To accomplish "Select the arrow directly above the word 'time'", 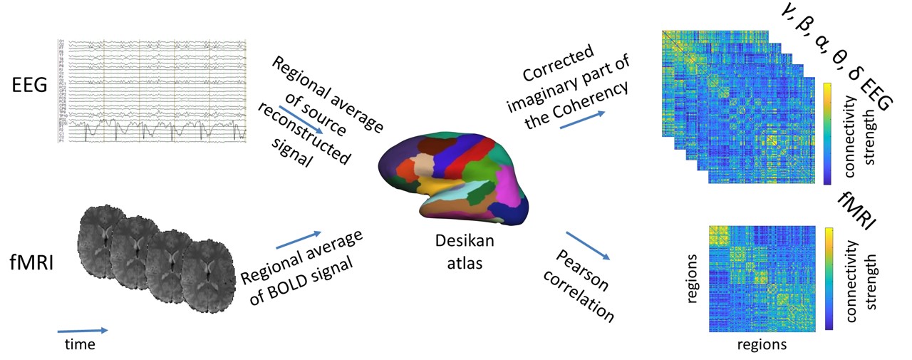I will click(83, 330).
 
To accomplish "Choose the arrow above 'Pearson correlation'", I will click(589, 245).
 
